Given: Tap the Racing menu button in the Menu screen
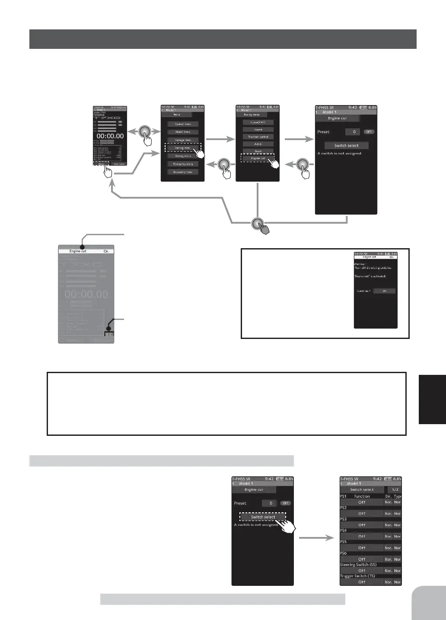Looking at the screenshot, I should click(x=182, y=148).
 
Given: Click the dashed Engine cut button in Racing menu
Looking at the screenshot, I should click(x=258, y=158).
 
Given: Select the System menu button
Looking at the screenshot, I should click(x=183, y=124).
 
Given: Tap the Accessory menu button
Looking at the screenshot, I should click(x=183, y=172).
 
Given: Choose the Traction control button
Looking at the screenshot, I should click(x=258, y=137).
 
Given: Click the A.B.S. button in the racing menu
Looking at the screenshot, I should click(x=258, y=144).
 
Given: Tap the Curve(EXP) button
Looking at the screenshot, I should click(x=258, y=122).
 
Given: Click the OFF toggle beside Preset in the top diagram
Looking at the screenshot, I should click(x=369, y=132).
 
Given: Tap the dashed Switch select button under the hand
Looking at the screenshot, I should click(x=263, y=517).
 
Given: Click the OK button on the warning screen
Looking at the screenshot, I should click(x=384, y=291).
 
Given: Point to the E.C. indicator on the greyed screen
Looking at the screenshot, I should click(x=109, y=335).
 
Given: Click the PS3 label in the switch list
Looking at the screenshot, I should click(x=344, y=519).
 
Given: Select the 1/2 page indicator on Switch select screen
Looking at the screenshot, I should click(x=395, y=489).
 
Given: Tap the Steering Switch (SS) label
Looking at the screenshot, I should click(x=358, y=565).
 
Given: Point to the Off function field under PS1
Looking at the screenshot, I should click(x=362, y=502).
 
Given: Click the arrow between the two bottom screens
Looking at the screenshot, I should click(x=316, y=538).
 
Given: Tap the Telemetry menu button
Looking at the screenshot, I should click(x=183, y=164).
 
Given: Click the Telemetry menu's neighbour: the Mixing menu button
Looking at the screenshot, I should click(x=183, y=156).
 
